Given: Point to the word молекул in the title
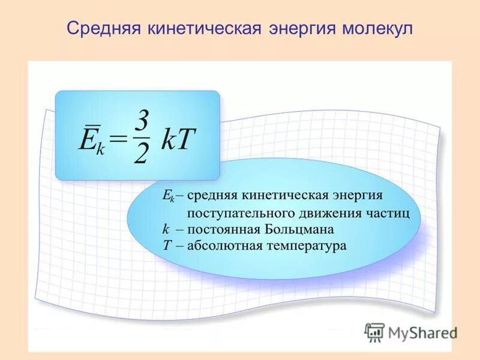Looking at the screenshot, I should (x=376, y=29).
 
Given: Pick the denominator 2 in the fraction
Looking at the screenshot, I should (x=141, y=156).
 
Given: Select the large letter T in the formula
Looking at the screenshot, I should (x=186, y=139).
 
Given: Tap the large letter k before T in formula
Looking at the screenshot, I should (x=167, y=139).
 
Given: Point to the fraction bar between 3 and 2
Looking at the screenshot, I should (x=142, y=137).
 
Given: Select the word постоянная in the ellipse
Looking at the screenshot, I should (x=222, y=229).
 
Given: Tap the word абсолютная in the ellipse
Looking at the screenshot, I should (x=224, y=245).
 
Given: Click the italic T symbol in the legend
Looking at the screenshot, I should (x=167, y=245).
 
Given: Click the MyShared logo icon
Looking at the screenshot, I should (x=374, y=332).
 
